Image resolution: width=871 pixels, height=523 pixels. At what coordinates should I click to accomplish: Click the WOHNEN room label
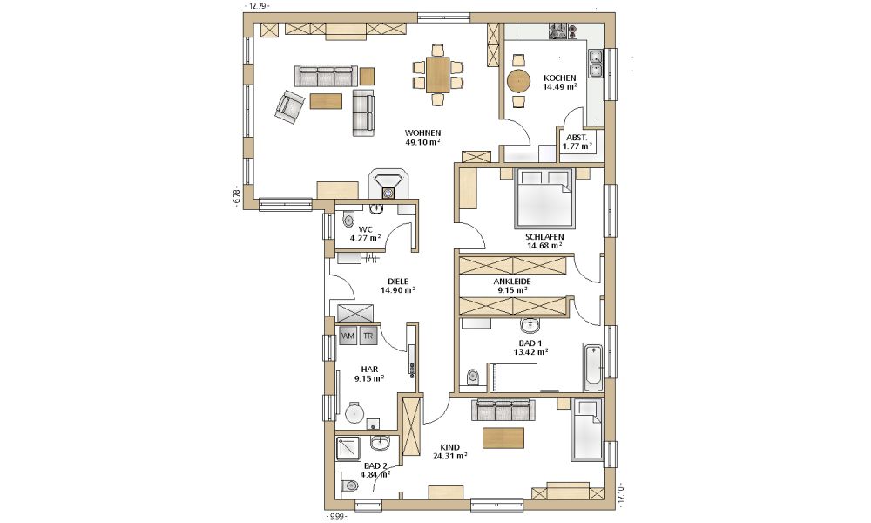(x=422, y=132)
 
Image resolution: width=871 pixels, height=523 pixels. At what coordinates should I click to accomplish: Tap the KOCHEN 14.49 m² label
(x=559, y=82)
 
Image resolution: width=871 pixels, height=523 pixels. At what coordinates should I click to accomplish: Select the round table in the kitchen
(x=518, y=81)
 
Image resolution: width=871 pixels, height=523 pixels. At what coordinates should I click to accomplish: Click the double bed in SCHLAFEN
(x=544, y=197)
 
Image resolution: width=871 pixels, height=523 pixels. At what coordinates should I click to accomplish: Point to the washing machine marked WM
(x=348, y=336)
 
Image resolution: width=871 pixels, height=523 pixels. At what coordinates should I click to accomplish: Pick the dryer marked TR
(x=368, y=336)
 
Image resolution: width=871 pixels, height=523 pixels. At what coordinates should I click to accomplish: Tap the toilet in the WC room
(x=348, y=219)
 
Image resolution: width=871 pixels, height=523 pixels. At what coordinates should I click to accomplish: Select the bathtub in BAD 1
(x=592, y=367)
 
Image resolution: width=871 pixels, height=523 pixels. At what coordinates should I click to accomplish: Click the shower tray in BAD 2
(x=348, y=449)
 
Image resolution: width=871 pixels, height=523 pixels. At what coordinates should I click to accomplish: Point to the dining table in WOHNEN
(x=437, y=75)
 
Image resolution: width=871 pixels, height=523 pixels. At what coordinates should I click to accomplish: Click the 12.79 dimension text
(x=258, y=6)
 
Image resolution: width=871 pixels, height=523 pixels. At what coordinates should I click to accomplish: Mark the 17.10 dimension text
(x=620, y=495)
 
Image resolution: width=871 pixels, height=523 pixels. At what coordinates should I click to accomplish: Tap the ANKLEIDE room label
(x=511, y=282)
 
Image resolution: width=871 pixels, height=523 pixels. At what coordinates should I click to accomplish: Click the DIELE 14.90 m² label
(x=398, y=286)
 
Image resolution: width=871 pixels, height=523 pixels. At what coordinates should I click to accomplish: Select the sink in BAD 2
(x=381, y=443)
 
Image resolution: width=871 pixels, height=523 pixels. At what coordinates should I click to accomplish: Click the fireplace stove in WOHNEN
(x=388, y=183)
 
